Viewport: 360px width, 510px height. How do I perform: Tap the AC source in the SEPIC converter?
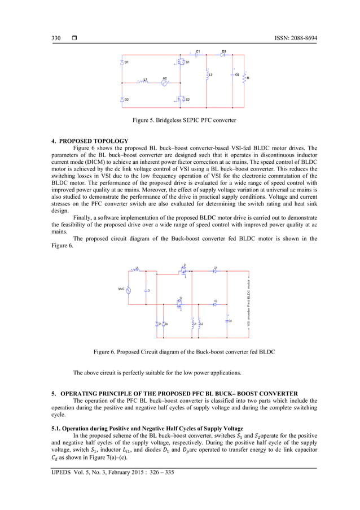[165, 82]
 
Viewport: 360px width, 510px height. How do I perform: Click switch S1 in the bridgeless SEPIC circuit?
[182, 62]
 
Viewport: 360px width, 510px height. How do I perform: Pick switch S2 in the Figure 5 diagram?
[182, 99]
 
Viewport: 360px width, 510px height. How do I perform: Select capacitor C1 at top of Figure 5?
[197, 55]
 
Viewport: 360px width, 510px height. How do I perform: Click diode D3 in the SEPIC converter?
[223, 55]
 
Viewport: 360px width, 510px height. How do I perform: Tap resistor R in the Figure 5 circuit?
[245, 79]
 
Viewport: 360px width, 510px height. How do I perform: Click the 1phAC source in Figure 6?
[128, 290]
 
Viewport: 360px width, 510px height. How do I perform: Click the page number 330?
[56, 38]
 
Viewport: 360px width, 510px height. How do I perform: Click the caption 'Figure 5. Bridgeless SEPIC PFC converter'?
[184, 120]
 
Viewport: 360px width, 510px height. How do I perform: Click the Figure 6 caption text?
[184, 352]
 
